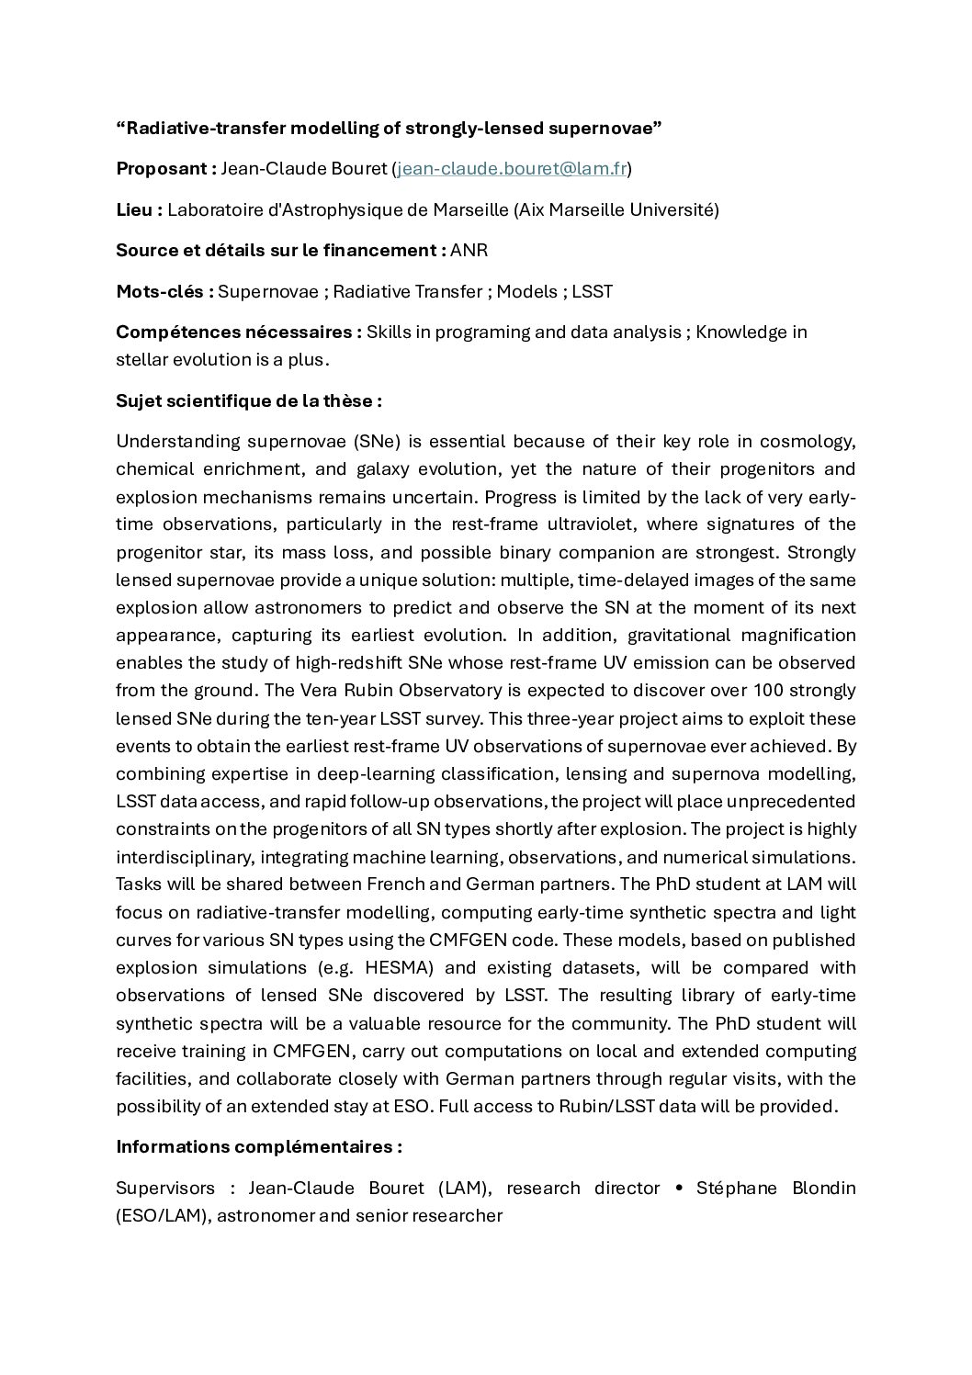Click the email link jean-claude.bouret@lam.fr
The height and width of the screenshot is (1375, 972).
click(512, 169)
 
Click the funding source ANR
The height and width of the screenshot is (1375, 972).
click(469, 251)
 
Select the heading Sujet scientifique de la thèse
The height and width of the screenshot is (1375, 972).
click(249, 400)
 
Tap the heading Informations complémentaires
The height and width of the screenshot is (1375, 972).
click(259, 1147)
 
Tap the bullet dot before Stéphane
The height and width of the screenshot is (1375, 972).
click(679, 1189)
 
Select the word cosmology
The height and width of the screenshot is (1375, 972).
click(809, 442)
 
